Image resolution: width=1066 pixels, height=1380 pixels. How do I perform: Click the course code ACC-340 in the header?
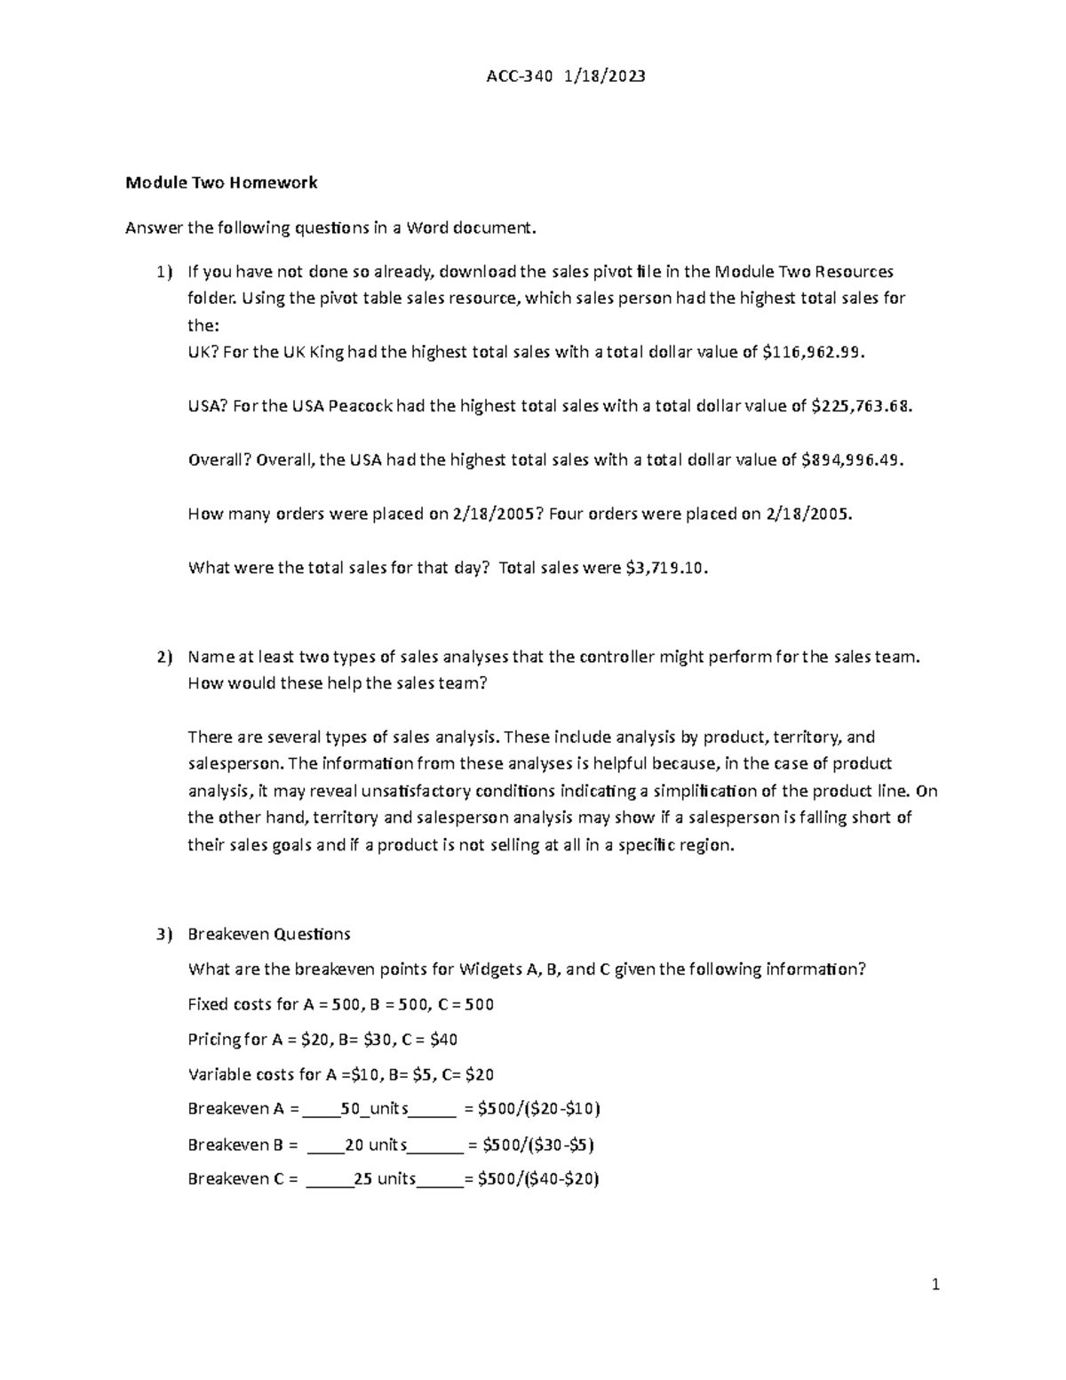pos(520,76)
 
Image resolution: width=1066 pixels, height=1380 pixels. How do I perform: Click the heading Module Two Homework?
pos(221,183)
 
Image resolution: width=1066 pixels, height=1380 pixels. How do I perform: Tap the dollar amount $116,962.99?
pos(812,352)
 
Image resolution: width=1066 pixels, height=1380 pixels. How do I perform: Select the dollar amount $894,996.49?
pos(852,460)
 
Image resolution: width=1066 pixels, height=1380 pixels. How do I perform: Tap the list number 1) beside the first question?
pos(164,272)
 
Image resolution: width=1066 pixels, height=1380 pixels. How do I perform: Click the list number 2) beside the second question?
pos(164,658)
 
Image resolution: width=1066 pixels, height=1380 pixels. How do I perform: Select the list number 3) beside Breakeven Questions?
pos(164,934)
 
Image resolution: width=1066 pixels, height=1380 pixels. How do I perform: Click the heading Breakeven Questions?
pos(269,934)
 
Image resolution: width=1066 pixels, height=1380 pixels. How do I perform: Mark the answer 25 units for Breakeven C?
pos(384,1179)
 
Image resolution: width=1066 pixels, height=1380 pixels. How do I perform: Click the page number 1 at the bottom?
pos(935,1284)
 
